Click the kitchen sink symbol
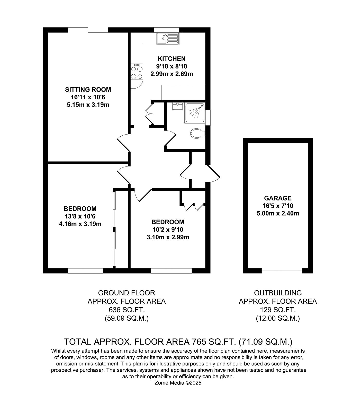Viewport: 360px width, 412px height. click(x=167, y=39)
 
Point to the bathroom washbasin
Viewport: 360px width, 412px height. click(x=177, y=106)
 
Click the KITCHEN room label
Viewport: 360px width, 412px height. click(x=172, y=59)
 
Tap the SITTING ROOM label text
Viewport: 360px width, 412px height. click(x=88, y=90)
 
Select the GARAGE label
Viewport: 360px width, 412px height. click(x=278, y=198)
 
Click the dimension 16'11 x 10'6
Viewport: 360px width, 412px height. click(x=88, y=97)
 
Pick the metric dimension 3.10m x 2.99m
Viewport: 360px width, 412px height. click(x=168, y=237)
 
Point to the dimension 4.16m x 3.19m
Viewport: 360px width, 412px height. click(x=80, y=224)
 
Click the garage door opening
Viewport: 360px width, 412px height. click(x=282, y=271)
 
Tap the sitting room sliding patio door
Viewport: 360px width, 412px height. click(x=88, y=30)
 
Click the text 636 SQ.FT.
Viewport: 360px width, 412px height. click(x=127, y=310)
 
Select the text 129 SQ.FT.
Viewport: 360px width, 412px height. click(x=278, y=310)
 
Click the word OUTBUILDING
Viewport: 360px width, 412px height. click(x=278, y=293)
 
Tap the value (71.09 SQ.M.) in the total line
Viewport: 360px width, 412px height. click(x=266, y=342)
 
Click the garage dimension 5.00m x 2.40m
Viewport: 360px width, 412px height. click(x=278, y=213)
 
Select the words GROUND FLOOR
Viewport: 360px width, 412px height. click(x=127, y=293)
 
